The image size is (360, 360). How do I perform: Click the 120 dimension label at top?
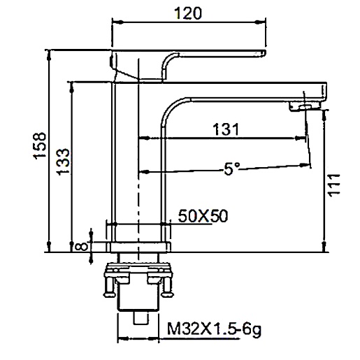(188, 13)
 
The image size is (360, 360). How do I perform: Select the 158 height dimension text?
(39, 146)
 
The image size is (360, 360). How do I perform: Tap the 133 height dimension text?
(63, 161)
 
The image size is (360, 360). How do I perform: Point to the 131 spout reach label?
(226, 129)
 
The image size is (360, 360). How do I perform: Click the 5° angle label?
(232, 168)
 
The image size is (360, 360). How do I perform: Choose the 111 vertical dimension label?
(334, 185)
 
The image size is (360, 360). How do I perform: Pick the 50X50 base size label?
(203, 216)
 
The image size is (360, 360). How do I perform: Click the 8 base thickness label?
(81, 247)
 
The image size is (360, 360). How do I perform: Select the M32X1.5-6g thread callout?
(214, 329)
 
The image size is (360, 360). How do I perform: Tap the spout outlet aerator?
(305, 107)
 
